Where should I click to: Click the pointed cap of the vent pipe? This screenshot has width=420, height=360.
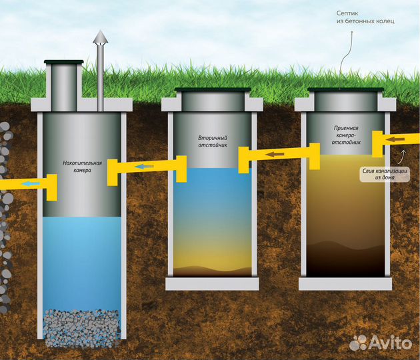[x=101, y=37]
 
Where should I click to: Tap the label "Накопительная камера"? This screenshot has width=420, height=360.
[x=82, y=167]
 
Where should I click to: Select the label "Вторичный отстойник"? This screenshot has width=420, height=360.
[x=213, y=141]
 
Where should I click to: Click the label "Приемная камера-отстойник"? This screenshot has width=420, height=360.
[x=346, y=135]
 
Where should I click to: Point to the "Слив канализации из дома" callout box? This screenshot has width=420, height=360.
[x=385, y=174]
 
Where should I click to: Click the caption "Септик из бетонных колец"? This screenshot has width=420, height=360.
[x=365, y=17]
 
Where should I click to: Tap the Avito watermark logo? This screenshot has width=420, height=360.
[x=381, y=343]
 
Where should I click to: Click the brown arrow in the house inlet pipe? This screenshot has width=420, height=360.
[x=395, y=139]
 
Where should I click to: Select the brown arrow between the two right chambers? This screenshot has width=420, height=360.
[x=275, y=154]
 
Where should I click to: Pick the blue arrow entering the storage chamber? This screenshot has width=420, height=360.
[x=145, y=167]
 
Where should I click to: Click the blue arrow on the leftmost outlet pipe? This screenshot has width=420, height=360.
[x=31, y=184]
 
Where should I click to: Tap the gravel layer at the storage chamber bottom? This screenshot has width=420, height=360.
[x=82, y=328]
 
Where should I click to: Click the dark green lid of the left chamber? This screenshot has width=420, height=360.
[x=64, y=62]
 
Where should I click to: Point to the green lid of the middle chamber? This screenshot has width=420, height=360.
[x=213, y=89]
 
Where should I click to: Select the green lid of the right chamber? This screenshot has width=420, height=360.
[x=345, y=89]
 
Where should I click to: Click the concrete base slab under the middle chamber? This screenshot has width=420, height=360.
[x=212, y=283]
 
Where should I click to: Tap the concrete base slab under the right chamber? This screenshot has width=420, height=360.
[x=345, y=283]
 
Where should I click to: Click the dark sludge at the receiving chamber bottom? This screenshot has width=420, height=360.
[x=345, y=260]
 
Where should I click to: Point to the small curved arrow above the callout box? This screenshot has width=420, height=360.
[x=401, y=157]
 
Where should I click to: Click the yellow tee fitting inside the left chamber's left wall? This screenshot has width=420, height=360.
[x=52, y=187]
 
